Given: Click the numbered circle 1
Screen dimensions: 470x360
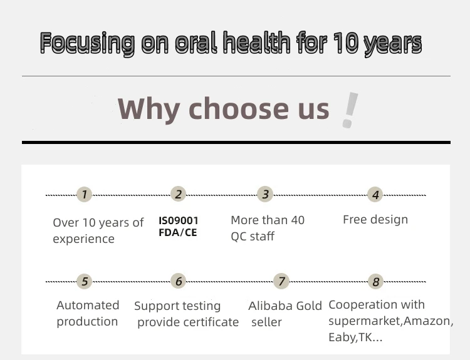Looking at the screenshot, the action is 84,194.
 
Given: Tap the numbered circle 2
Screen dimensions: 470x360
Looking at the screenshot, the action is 179,194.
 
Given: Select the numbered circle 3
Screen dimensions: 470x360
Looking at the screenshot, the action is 265,194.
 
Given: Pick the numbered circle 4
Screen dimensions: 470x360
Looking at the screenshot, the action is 375,195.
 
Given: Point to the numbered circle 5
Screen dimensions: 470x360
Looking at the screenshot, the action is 84,281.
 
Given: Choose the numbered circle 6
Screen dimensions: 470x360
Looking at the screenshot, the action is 179,281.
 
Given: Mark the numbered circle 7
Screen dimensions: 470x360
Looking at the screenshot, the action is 281,281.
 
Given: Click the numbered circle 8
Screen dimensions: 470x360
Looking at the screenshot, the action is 375,282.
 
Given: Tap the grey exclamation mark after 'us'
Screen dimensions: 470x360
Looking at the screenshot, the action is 350,110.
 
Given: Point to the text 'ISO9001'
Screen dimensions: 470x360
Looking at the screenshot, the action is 179,221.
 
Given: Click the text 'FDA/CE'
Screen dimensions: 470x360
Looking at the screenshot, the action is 178,232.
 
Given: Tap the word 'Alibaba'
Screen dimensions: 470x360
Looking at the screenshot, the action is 270,306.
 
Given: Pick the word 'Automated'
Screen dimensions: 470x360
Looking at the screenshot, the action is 88,305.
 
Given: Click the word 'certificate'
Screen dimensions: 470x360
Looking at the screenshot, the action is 211,322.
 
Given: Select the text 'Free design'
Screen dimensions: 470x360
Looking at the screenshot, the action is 375,220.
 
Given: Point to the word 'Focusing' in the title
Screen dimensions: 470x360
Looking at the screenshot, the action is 87,43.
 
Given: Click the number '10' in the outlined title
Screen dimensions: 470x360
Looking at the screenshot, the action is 345,42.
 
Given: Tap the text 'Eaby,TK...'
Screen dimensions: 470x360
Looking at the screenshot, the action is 355,337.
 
